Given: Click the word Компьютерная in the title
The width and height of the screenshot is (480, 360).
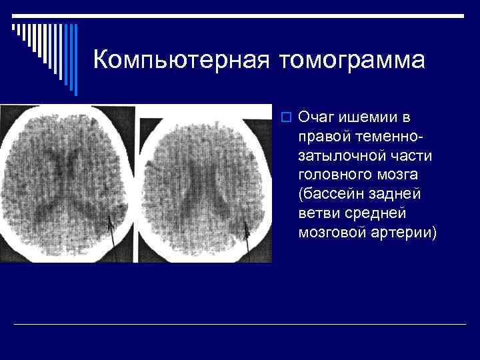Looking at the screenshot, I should pyautogui.click(x=182, y=60).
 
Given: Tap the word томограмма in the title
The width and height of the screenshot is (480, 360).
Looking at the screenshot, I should pyautogui.click(x=353, y=60).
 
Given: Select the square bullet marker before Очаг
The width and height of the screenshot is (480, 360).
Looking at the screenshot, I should pyautogui.click(x=287, y=118).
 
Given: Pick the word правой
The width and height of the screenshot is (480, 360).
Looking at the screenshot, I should pyautogui.click(x=325, y=137).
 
